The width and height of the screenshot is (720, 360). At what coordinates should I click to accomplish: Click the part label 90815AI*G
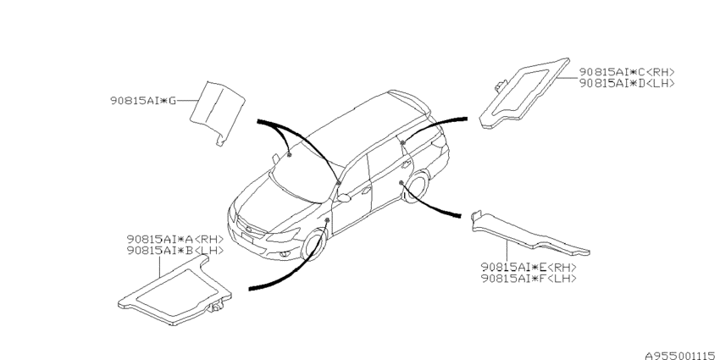[143, 101]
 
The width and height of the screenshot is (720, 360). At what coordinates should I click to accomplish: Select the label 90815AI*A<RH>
[175, 239]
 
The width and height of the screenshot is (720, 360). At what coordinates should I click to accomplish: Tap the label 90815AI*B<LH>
[175, 250]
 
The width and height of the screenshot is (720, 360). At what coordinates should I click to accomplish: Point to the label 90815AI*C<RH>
[627, 72]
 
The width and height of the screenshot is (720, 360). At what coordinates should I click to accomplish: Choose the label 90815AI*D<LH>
[627, 83]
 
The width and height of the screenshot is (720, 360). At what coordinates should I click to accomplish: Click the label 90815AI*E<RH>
[529, 267]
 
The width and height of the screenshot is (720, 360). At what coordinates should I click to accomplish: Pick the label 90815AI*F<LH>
[529, 278]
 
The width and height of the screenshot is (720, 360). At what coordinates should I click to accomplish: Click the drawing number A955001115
[680, 355]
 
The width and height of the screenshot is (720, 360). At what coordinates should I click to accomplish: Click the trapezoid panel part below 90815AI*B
[174, 291]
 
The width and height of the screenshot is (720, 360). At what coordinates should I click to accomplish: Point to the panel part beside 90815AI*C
[523, 93]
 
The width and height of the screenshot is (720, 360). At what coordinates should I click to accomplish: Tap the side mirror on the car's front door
[343, 198]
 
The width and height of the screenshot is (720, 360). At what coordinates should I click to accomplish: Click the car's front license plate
[248, 237]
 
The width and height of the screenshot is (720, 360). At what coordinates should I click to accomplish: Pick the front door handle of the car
[366, 190]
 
